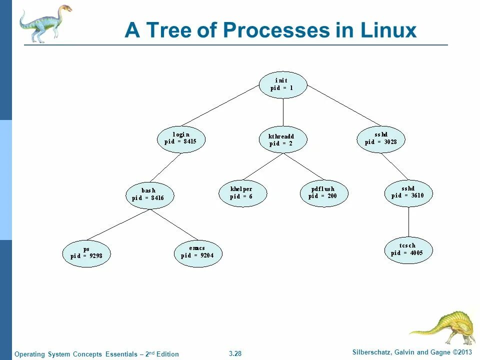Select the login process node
tap(181, 138)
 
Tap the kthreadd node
tap(282, 139)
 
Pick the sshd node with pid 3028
tap(381, 138)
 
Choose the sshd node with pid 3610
tap(408, 192)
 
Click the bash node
tap(149, 194)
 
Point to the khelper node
tap(242, 193)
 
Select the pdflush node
tap(324, 193)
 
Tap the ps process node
tap(86, 253)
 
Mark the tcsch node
tap(408, 249)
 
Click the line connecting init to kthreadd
tap(283, 112)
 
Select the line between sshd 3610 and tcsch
tap(409, 221)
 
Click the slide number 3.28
tap(235, 354)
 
